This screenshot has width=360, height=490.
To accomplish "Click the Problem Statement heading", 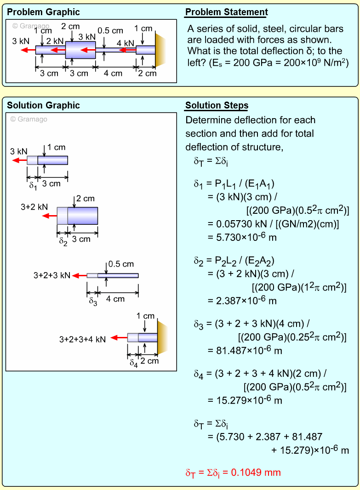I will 226,12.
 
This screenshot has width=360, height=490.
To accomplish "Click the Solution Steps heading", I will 217,106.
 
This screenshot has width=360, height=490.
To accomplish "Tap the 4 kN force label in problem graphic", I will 125,43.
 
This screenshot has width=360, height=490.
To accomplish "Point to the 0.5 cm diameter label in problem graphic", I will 110,31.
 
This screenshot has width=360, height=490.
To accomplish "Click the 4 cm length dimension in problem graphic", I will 113,73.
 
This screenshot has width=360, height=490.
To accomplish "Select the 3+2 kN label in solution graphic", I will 34,207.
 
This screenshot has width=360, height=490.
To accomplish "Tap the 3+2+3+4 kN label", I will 82,339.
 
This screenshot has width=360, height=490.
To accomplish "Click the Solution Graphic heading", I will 43,106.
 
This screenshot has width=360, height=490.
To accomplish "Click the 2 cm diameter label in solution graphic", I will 86,199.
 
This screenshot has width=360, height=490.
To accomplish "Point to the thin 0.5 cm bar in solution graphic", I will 118,275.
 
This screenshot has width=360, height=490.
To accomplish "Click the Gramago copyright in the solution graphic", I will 29,120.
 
